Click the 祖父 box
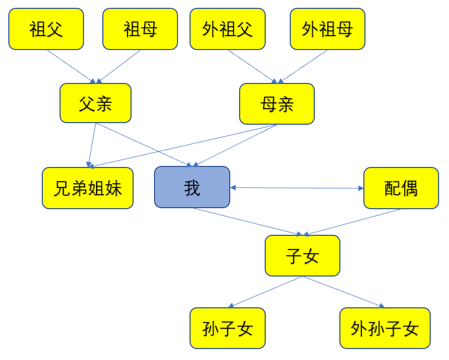tap(46, 29)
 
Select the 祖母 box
tap(140, 29)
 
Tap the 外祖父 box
tap(228, 29)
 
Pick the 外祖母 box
tap(327, 29)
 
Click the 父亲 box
tap(96, 103)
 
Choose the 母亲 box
tap(277, 104)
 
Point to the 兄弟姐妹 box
tap(88, 188)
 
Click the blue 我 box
tap(192, 187)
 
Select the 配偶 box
tap(401, 188)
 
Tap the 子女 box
tap(302, 256)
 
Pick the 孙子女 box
tap(228, 328)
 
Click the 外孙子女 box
tap(385, 328)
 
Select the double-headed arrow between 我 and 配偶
tap(297, 188)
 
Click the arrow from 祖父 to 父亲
tap(71, 66)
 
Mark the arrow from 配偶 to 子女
tap(352, 222)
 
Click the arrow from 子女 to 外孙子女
tap(344, 292)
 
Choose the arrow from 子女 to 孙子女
tap(265, 292)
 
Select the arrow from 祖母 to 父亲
tap(119, 66)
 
